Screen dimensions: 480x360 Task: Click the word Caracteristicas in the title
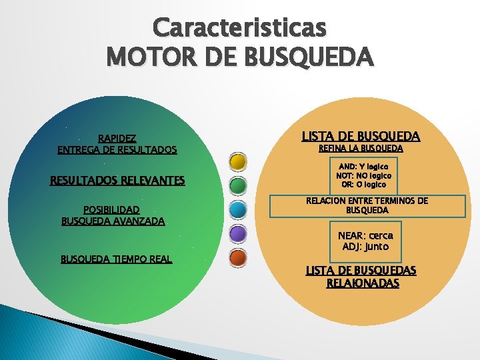pos(240,27)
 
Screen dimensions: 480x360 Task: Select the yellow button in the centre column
pos(238,162)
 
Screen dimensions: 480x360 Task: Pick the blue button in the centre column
pos(238,209)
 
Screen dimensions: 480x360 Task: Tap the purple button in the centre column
pos(238,233)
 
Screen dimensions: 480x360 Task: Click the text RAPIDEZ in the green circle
pos(117,139)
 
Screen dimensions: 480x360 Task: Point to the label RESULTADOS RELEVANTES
pos(117,180)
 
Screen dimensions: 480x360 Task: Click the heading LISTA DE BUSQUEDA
pos(361,136)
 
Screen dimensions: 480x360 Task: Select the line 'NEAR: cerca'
pos(365,235)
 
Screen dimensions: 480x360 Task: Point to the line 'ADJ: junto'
pos(365,247)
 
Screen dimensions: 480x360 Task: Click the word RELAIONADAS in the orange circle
pos(363,283)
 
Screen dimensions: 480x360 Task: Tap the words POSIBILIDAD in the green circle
pos(111,209)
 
